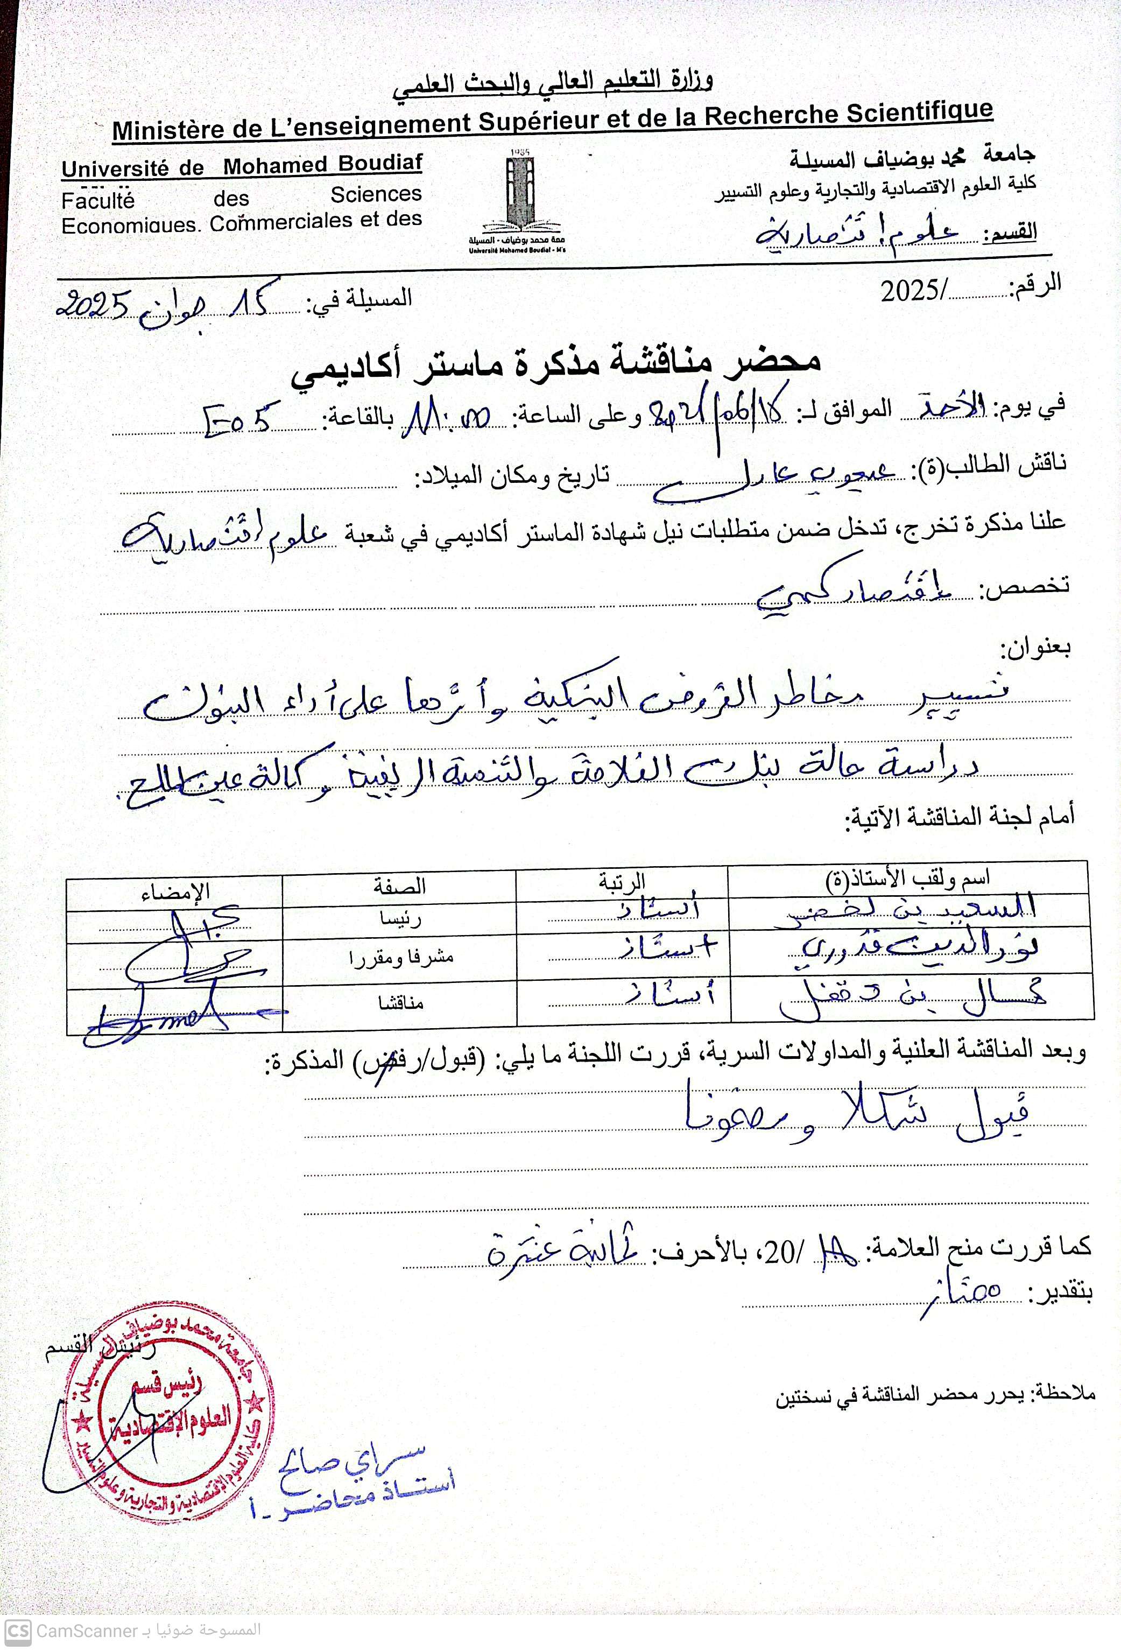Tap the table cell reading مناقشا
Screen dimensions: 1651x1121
click(x=401, y=1003)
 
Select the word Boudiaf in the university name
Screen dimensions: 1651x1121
click(x=379, y=164)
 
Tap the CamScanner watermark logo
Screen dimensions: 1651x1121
click(x=18, y=1631)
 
